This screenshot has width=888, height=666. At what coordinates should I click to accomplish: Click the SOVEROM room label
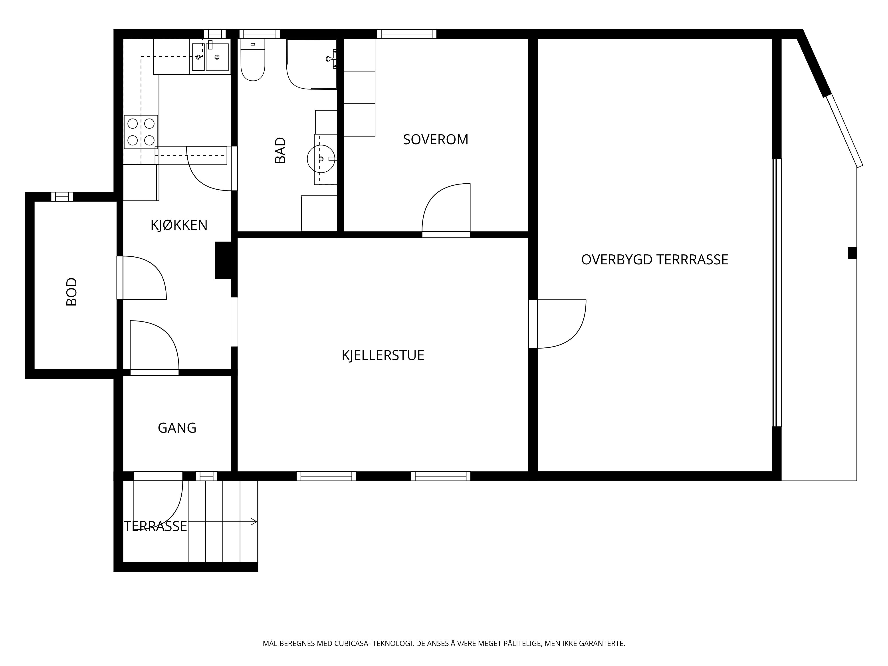(x=436, y=139)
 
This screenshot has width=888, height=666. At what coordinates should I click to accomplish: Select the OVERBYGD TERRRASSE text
(x=654, y=260)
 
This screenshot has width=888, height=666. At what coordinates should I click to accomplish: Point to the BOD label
(x=71, y=292)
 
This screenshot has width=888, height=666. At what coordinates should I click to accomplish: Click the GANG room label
(x=177, y=428)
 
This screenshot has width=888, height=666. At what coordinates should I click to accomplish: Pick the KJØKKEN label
(x=179, y=225)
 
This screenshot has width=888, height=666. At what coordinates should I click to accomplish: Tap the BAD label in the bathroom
(x=280, y=151)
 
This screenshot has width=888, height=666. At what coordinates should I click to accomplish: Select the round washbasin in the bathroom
(x=321, y=159)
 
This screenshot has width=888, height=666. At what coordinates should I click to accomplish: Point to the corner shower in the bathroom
(x=311, y=64)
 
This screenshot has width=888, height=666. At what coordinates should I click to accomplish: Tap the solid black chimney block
(x=223, y=260)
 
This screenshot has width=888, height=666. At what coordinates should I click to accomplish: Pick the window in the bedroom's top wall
(x=407, y=34)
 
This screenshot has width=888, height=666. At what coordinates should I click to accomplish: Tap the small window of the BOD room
(x=62, y=197)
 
